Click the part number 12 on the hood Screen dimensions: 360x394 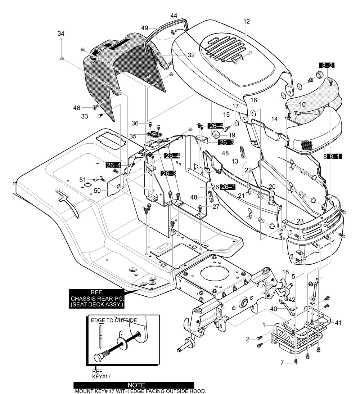coord(247,21)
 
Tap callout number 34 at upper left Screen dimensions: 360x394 coord(61,33)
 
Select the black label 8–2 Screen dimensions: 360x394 coord(327,66)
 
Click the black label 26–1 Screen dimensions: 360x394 coord(228,187)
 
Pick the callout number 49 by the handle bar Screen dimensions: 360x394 coord(144,28)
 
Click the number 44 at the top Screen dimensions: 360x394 coord(174,15)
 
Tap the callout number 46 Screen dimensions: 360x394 coord(77,108)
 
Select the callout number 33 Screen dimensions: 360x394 coord(85,116)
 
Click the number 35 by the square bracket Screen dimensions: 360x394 coord(133,136)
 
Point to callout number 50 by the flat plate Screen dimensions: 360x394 coord(97,191)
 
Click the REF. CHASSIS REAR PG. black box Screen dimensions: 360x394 coord(97,299)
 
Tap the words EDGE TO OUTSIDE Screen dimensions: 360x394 coord(114,321)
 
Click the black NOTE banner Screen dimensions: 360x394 coord(134,385)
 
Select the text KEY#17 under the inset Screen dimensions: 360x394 coord(101,376)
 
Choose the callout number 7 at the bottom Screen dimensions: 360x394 coord(282,363)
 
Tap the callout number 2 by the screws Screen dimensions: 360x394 coord(247,339)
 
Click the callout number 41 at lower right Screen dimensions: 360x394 coord(338,323)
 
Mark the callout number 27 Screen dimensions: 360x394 coord(216,207)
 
